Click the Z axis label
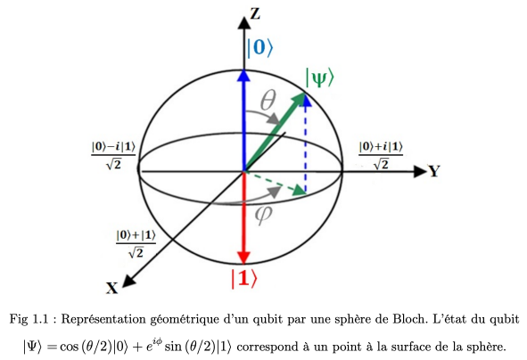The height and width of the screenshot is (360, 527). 255,13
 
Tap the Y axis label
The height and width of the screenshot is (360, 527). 434,171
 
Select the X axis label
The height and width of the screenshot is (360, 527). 112,288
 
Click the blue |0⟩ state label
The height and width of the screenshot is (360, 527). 259,47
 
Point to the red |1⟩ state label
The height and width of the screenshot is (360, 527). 244,278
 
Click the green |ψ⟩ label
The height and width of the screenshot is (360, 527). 319,78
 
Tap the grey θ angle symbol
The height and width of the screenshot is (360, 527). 268,101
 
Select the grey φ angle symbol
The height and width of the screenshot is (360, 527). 263,215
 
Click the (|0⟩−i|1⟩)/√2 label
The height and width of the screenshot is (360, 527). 113,155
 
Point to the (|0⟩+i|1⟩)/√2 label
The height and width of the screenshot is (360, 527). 381,155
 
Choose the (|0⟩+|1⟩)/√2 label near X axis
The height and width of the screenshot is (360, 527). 136,243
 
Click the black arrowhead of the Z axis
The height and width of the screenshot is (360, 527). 244,22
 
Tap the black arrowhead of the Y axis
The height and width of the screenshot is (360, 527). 420,171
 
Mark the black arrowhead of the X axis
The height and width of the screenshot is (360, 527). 128,281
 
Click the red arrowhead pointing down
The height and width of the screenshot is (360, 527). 244,258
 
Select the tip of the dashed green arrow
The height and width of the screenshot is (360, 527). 306,193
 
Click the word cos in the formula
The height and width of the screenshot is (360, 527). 69,347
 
